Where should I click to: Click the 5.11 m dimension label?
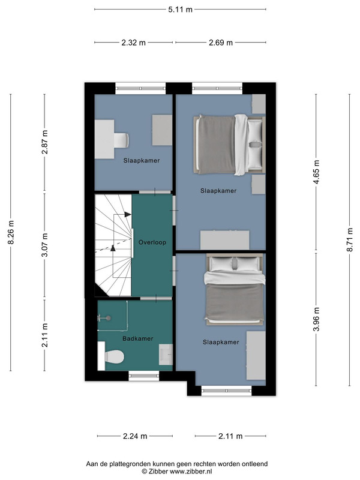click(180, 10)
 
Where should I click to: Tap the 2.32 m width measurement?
click(133, 43)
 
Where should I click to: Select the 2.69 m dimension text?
click(221, 43)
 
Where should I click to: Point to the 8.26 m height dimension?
click(11, 232)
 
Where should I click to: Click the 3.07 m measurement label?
click(44, 245)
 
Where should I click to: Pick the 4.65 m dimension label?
click(317, 172)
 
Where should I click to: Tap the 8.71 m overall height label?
click(350, 239)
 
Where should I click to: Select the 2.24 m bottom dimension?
click(135, 436)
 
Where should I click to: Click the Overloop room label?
click(152, 242)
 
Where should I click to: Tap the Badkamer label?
click(138, 338)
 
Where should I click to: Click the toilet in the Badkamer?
click(111, 356)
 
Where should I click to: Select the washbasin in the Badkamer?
click(166, 355)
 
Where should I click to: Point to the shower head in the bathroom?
click(108, 319)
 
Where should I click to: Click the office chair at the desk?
click(122, 140)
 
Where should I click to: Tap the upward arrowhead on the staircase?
click(113, 248)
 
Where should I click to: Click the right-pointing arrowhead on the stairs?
click(128, 215)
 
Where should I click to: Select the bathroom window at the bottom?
click(144, 376)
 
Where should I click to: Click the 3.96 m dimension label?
click(317, 319)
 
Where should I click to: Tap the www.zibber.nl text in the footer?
click(191, 472)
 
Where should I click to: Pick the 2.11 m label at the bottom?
click(230, 436)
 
